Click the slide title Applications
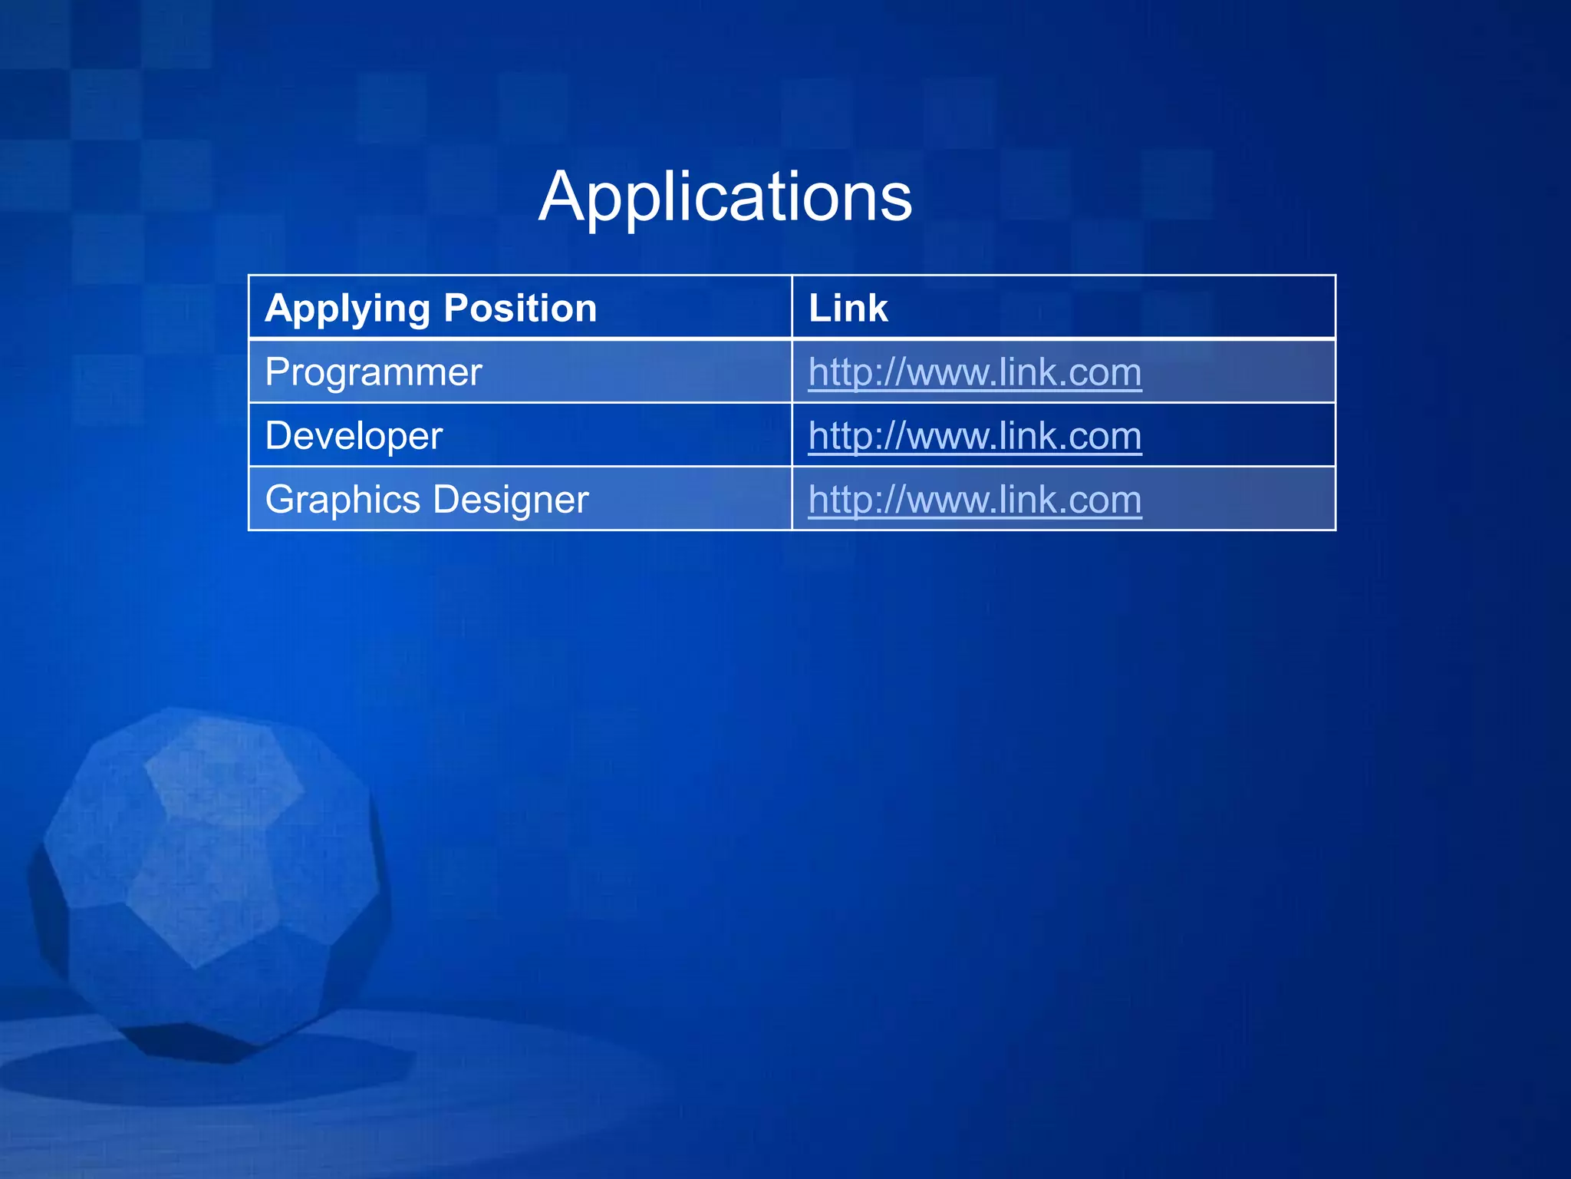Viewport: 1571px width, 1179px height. point(725,197)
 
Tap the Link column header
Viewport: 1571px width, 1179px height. point(848,309)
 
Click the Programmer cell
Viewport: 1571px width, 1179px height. point(374,372)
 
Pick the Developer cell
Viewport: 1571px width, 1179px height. point(354,436)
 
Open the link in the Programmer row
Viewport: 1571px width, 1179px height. point(974,373)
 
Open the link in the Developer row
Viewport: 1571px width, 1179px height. point(974,437)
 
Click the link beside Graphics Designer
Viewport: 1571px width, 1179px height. point(974,500)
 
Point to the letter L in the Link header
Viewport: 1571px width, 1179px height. point(818,309)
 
